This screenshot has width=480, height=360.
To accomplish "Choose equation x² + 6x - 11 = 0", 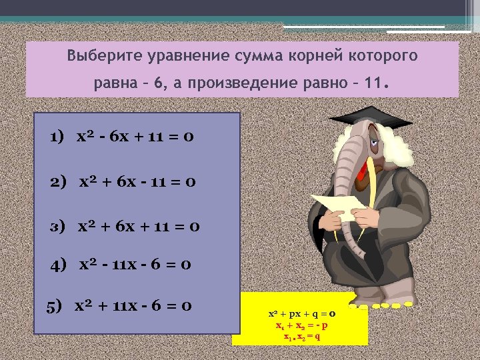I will [x=137, y=181].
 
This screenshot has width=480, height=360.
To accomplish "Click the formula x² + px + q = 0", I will [x=301, y=312].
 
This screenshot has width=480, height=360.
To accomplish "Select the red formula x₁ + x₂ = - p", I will [x=301, y=325].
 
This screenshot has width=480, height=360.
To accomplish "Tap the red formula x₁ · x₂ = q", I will [x=301, y=337].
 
